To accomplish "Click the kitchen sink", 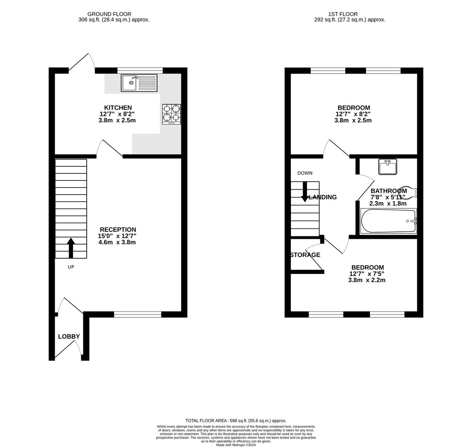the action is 139,83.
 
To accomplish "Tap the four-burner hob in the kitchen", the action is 172,114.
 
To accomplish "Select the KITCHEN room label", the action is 118,108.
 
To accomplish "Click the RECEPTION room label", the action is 118,230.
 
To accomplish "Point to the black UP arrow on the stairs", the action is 71,248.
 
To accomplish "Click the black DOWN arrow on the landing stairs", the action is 305,192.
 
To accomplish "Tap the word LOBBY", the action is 69,336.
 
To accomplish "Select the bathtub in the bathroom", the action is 389,221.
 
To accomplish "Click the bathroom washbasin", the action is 388,166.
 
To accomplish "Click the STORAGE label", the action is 305,255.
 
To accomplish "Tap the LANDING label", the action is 323,197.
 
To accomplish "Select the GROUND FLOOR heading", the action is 109,14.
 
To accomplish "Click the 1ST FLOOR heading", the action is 343,14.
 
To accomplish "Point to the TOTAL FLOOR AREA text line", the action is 236,421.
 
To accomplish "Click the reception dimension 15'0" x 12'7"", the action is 117,236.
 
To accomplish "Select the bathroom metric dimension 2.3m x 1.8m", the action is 388,204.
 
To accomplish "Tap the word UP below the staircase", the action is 71,267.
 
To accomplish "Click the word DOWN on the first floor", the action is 305,173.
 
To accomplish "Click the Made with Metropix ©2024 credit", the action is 236,445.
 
